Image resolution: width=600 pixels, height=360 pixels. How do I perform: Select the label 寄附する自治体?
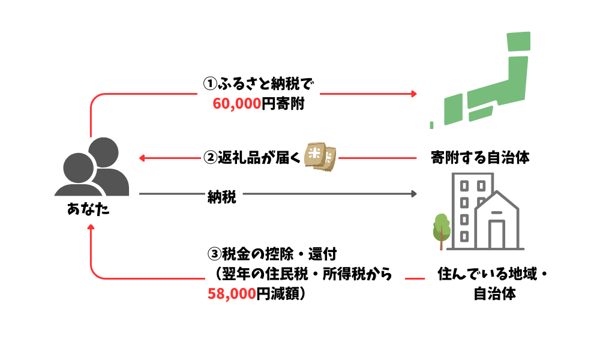point(480,158)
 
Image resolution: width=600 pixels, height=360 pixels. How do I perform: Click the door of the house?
point(497,235)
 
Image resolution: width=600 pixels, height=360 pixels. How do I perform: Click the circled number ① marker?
point(209,82)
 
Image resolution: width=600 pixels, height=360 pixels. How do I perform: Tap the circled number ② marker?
point(209,158)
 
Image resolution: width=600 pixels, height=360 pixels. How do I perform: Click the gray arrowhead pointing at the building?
point(413,194)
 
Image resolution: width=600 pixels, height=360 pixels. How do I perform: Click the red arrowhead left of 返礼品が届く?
point(142,158)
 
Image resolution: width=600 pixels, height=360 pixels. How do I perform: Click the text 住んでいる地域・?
point(494,276)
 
